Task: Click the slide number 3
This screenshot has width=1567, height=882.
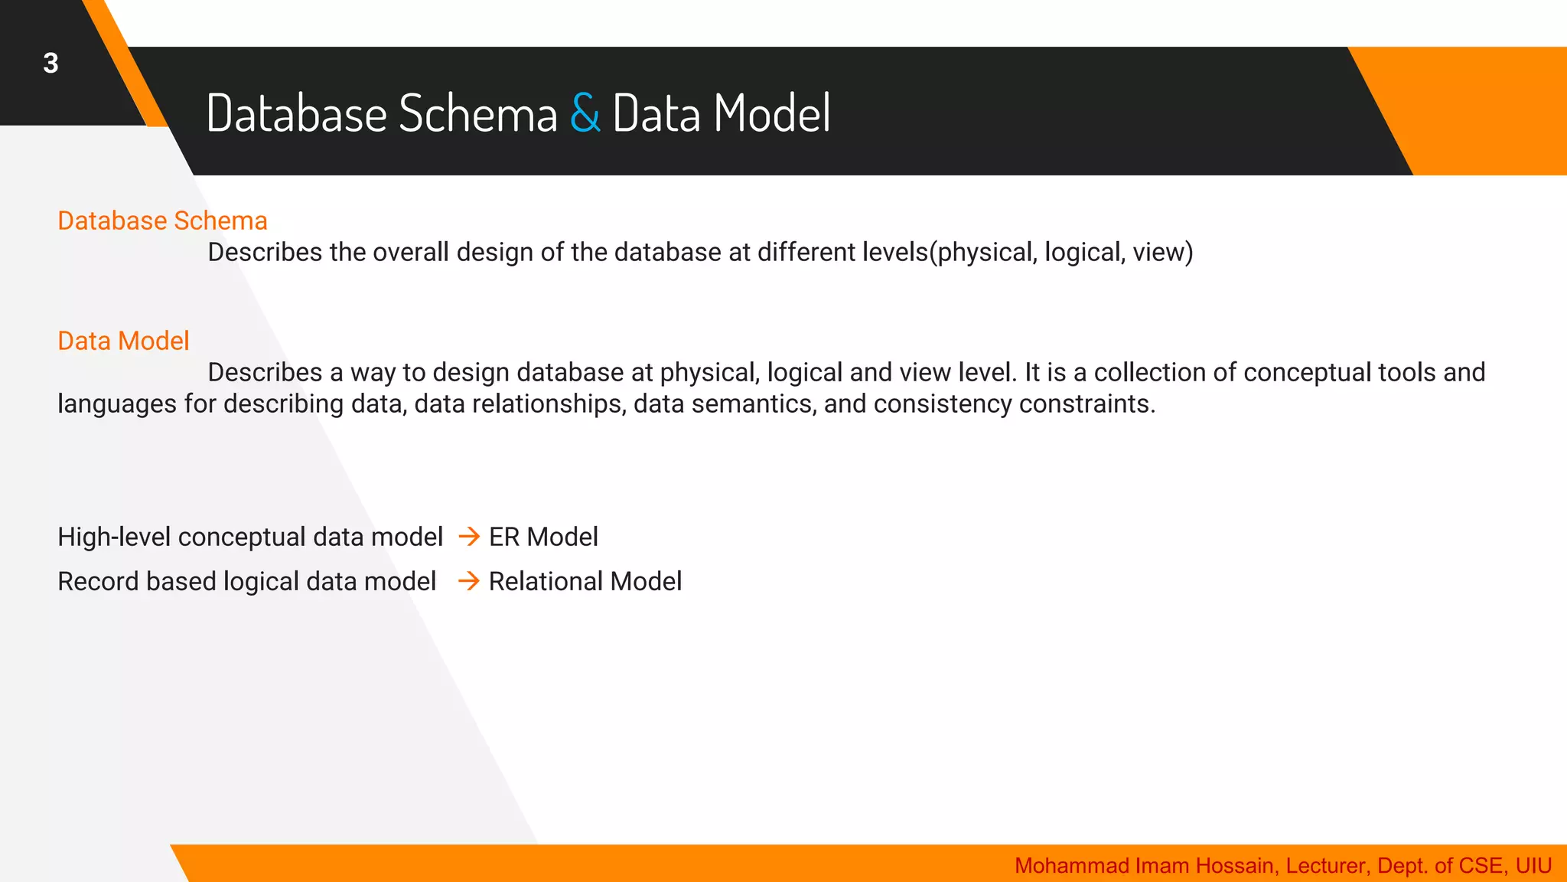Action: [x=50, y=63]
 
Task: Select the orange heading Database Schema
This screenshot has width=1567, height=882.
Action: [x=162, y=220]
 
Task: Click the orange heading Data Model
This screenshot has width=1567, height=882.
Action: [x=123, y=341]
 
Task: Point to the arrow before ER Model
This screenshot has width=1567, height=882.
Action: [x=469, y=537]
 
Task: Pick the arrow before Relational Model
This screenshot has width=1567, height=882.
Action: [x=469, y=581]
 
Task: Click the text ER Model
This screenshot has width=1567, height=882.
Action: [x=543, y=537]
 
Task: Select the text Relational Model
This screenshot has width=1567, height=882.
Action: [x=585, y=581]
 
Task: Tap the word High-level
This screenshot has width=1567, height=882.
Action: [x=114, y=537]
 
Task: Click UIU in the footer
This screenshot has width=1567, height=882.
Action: [x=1533, y=865]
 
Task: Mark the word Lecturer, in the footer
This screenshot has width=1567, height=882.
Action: [x=1328, y=865]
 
